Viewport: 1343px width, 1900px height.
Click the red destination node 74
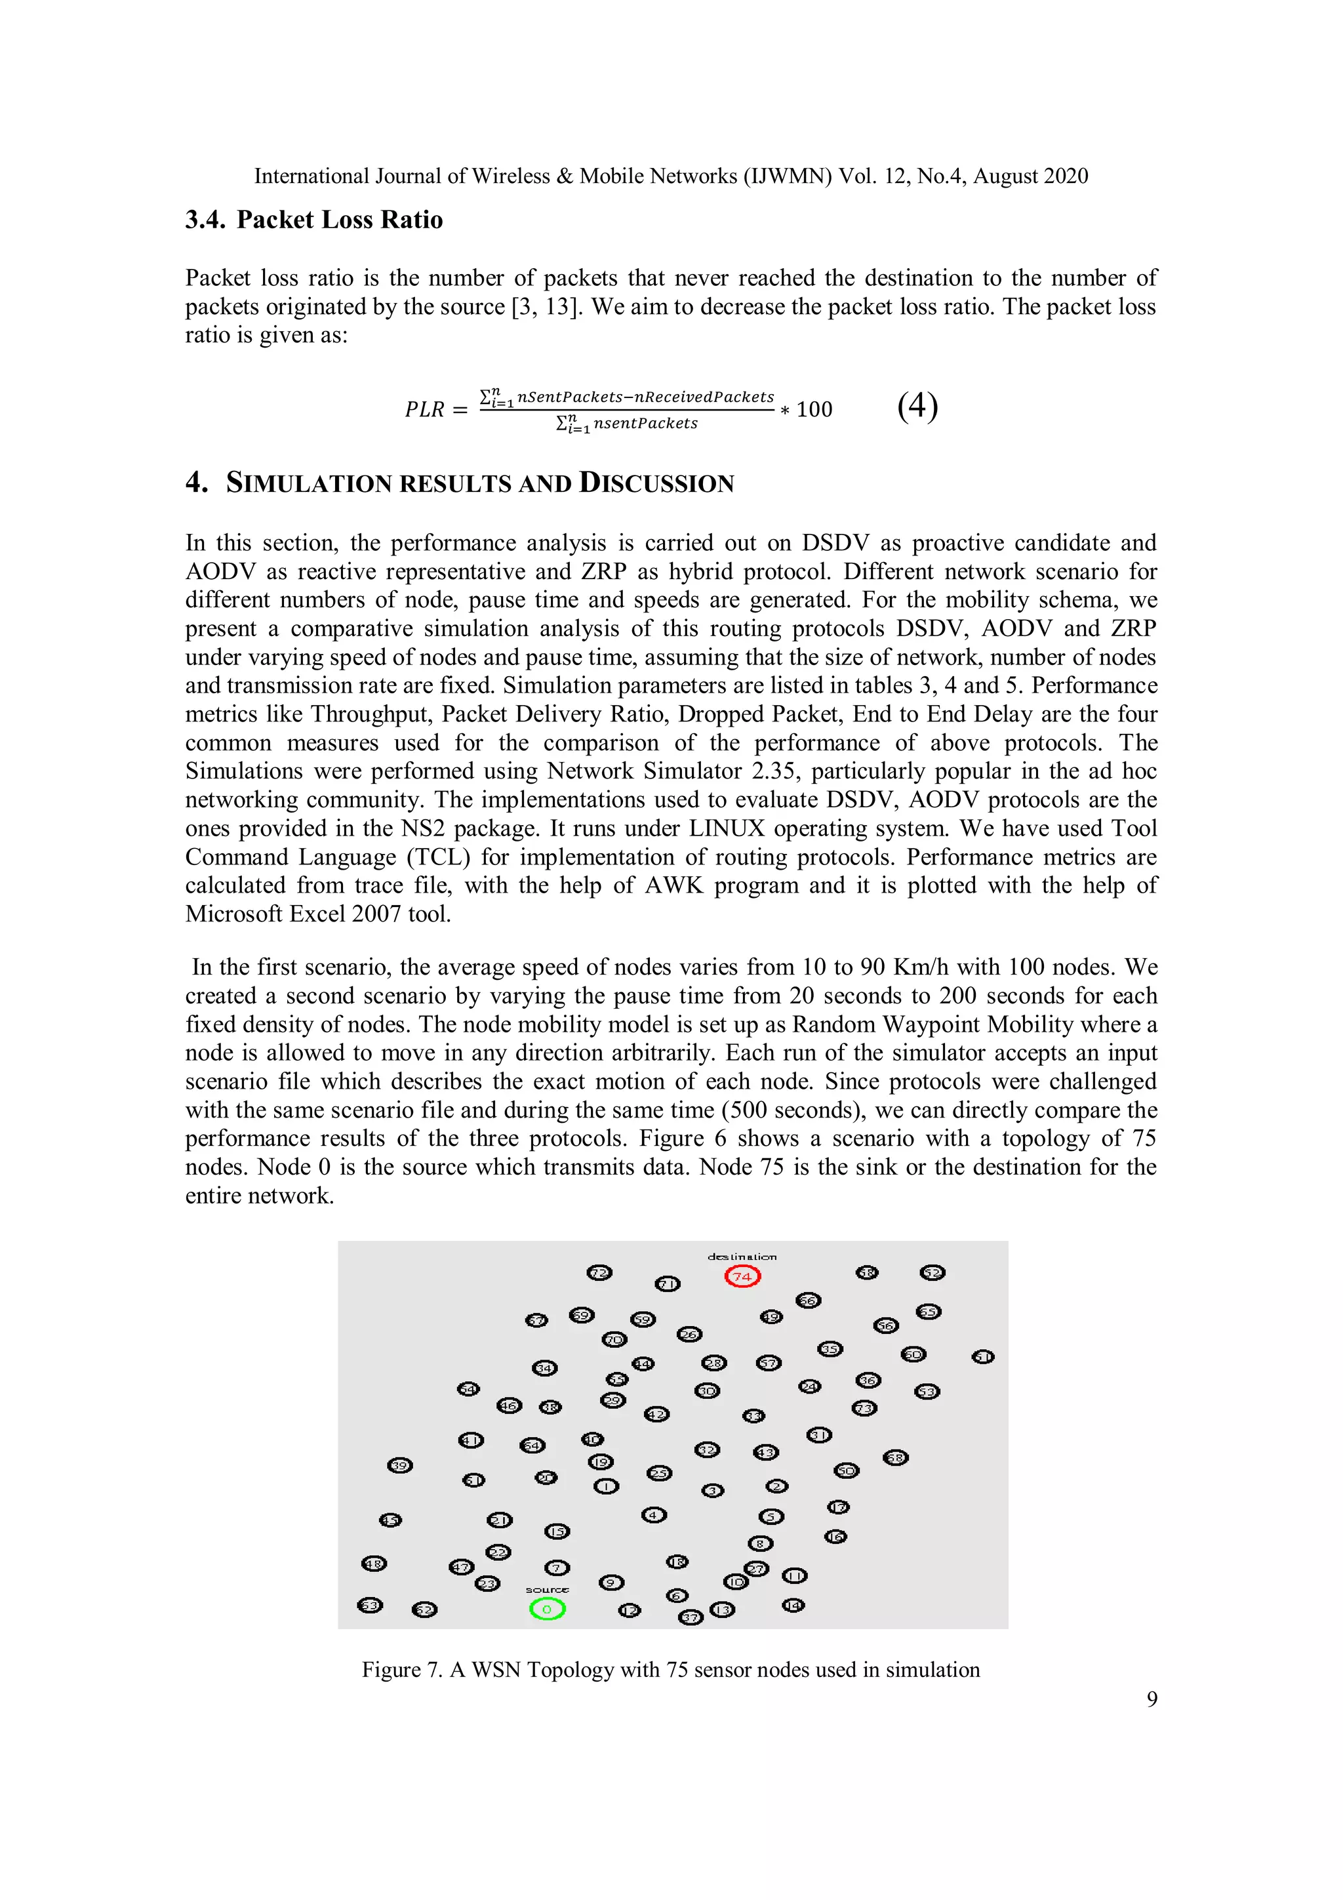(742, 1276)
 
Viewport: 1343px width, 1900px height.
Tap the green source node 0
(547, 1609)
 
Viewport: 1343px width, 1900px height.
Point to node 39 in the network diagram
(399, 1466)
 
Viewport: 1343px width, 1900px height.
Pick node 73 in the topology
(864, 1407)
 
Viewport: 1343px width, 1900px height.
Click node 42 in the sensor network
(657, 1414)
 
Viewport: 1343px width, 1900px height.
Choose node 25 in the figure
(658, 1473)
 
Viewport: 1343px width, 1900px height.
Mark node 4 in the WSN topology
(654, 1515)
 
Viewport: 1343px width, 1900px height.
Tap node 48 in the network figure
(374, 1563)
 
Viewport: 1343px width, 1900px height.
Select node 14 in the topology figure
(793, 1606)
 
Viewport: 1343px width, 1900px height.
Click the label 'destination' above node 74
(742, 1256)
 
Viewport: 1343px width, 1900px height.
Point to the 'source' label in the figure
(547, 1590)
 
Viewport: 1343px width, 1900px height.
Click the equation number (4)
(917, 407)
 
